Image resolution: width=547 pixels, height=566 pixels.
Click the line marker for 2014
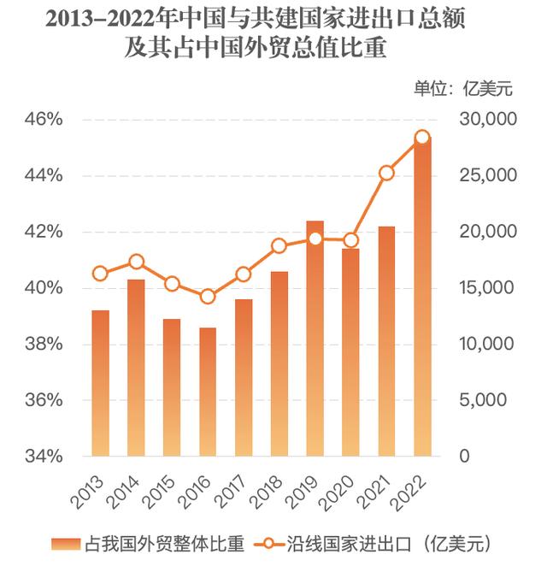[137, 262]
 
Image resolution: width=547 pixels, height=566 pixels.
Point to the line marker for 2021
[386, 173]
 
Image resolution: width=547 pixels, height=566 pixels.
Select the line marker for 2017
[244, 274]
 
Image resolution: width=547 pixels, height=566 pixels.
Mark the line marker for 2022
[422, 137]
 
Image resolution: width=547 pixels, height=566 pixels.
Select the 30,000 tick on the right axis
[482, 119]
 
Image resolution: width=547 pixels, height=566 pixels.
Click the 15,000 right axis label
[482, 288]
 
